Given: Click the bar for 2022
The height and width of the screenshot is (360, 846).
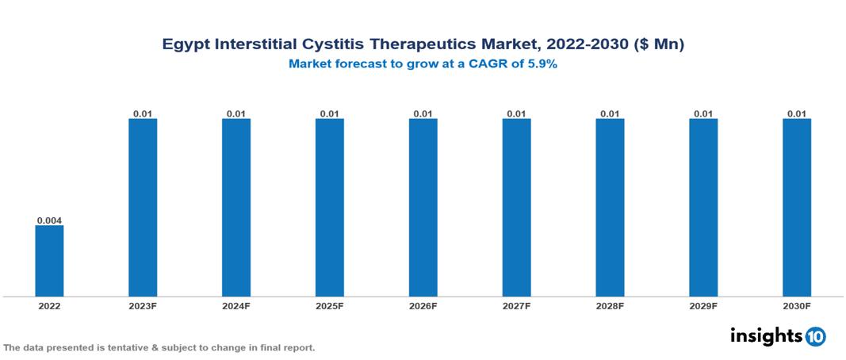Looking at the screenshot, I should pyautogui.click(x=49, y=261).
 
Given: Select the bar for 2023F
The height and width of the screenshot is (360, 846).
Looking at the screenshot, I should pyautogui.click(x=143, y=208).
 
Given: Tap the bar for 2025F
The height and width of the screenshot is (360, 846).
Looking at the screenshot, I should pyautogui.click(x=329, y=208).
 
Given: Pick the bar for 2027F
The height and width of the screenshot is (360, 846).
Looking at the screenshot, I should pyautogui.click(x=516, y=208).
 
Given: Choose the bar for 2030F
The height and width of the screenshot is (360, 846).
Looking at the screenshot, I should pyautogui.click(x=797, y=208).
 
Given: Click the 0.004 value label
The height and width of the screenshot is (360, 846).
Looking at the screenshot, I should pyautogui.click(x=49, y=220).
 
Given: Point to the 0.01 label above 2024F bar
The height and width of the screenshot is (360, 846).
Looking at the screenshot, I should pyautogui.click(x=236, y=113).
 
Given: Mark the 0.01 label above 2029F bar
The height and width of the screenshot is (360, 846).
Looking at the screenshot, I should pyautogui.click(x=703, y=113).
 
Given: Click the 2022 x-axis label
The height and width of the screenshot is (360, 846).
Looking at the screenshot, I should pyautogui.click(x=49, y=306).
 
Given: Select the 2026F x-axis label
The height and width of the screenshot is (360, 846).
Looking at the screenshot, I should pyautogui.click(x=423, y=306).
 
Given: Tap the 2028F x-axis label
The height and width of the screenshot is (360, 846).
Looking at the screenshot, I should pyautogui.click(x=610, y=306).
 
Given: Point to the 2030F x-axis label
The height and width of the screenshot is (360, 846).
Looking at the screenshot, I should pyautogui.click(x=797, y=306).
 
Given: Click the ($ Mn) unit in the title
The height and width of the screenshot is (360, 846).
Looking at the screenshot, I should pyautogui.click(x=657, y=45).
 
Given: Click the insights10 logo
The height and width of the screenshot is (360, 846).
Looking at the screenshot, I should pyautogui.click(x=777, y=336).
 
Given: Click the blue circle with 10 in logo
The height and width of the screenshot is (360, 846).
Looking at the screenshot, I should pyautogui.click(x=815, y=337).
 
